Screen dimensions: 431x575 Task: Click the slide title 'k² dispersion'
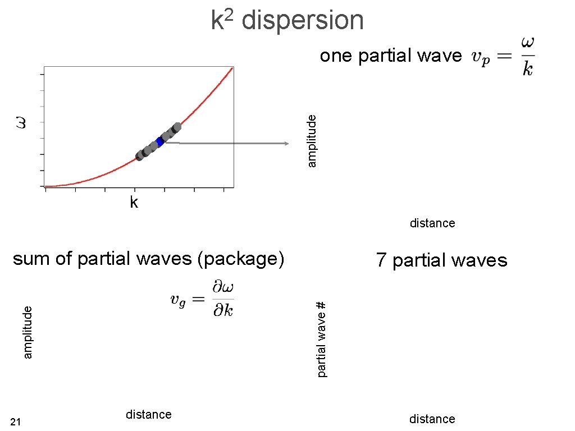(287, 20)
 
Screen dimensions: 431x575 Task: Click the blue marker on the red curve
(160, 142)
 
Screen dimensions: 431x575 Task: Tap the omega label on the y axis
(21, 122)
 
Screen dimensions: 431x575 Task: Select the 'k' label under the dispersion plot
(134, 203)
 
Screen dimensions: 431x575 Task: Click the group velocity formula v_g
(202, 299)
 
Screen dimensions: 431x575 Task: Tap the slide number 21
(16, 422)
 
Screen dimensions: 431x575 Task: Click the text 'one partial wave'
(391, 56)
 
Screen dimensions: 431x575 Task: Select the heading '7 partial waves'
(441, 260)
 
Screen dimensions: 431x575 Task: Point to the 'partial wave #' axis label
(321, 339)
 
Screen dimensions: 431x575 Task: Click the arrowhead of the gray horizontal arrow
(286, 144)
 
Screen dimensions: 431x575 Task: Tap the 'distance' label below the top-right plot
(432, 223)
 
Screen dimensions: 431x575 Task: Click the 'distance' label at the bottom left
(149, 415)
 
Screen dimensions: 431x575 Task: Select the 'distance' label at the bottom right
(432, 419)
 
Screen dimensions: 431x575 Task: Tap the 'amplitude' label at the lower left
(29, 332)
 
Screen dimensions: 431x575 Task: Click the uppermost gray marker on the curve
(177, 127)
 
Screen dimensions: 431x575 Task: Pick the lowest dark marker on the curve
(140, 155)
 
